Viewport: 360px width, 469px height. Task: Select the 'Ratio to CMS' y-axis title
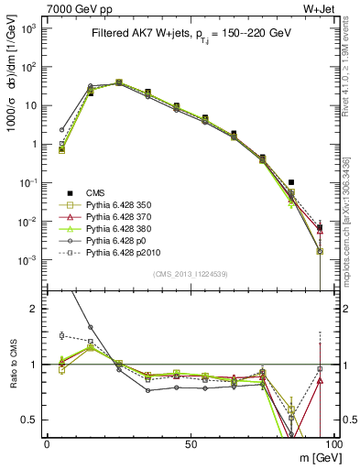tap(13, 365)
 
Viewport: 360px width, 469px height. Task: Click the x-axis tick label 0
tap(47, 443)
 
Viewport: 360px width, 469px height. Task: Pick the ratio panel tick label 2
tap(35, 309)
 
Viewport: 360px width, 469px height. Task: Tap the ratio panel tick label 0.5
tap(31, 420)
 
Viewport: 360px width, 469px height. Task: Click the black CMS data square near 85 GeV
tap(291, 182)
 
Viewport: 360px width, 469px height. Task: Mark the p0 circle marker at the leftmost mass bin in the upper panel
tap(61, 130)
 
